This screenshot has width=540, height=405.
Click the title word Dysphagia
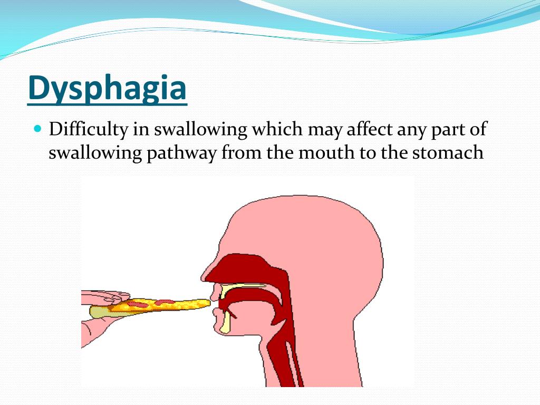pos(107,89)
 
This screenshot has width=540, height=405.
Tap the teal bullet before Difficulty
pos(37,128)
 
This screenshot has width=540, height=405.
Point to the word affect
pos(372,129)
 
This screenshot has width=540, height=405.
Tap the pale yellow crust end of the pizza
pos(98,312)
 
